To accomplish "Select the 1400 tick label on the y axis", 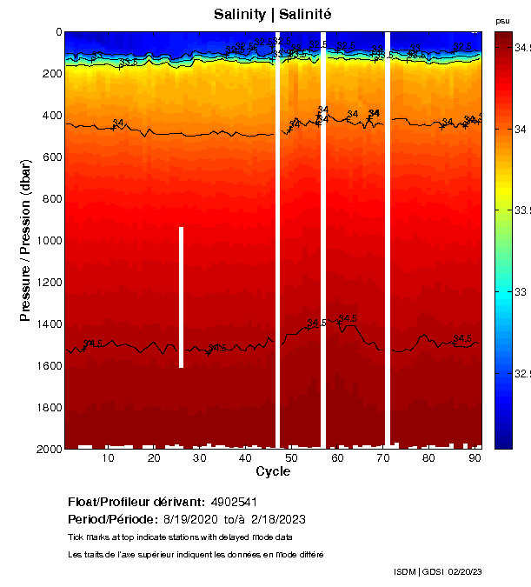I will coord(49,324).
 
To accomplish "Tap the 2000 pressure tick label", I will coord(49,449).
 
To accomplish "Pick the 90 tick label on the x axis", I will coord(475,458).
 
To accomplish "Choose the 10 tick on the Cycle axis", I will coord(109,458).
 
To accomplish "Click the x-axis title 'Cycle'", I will coord(273,472).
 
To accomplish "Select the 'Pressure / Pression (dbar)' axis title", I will coord(25,240).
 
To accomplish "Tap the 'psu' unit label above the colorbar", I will coord(502,21).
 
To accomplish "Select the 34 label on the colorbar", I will coord(521,130).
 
